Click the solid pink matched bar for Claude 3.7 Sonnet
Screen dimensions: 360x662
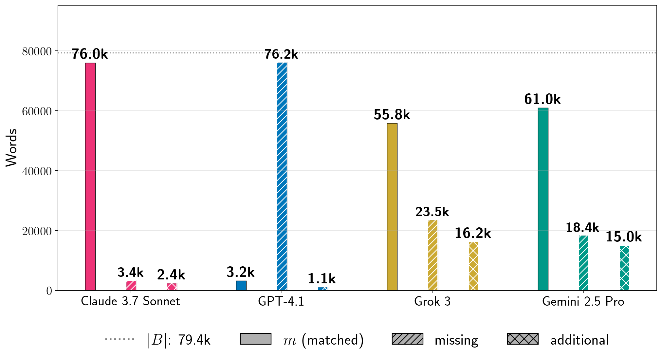pyautogui.click(x=90, y=177)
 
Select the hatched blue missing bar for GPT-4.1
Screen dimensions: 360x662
pyautogui.click(x=282, y=177)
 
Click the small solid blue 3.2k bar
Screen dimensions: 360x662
pyautogui.click(x=241, y=286)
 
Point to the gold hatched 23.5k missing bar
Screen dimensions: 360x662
pyautogui.click(x=433, y=256)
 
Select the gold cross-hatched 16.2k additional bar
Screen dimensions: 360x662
pyautogui.click(x=473, y=266)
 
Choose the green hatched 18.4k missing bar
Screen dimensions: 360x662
pyautogui.click(x=584, y=263)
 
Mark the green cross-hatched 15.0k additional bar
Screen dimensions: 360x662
pyautogui.click(x=624, y=268)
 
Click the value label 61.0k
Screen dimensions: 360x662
pyautogui.click(x=542, y=99)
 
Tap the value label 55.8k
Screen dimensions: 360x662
pyautogui.click(x=392, y=115)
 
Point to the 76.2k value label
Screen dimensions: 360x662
pyautogui.click(x=281, y=54)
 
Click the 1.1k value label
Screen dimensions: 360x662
pyautogui.click(x=322, y=279)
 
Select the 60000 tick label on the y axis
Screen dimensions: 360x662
pyautogui.click(x=37, y=111)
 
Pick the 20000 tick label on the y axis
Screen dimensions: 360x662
pyautogui.click(x=37, y=231)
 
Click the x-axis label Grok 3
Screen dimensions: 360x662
pyautogui.click(x=432, y=301)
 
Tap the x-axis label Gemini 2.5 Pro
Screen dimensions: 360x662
pyautogui.click(x=583, y=301)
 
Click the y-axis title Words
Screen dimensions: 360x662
pyautogui.click(x=11, y=148)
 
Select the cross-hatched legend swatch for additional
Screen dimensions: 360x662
pyautogui.click(x=523, y=339)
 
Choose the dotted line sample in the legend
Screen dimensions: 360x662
pyautogui.click(x=120, y=339)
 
